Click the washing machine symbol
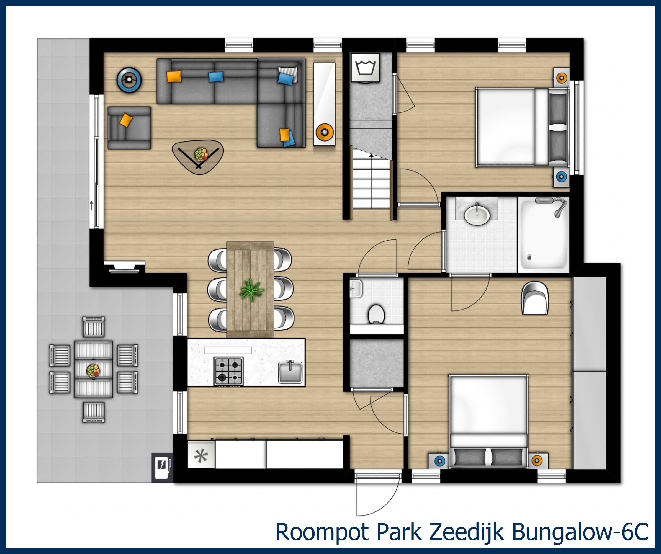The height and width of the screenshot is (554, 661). [x=365, y=68]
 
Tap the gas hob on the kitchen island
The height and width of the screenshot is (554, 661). [x=228, y=371]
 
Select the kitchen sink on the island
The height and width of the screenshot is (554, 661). [x=290, y=372]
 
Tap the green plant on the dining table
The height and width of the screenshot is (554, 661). [x=251, y=290]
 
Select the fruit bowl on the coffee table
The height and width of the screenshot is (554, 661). [x=201, y=154]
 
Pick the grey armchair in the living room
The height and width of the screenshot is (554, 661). [x=129, y=128]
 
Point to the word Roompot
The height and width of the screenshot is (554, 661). [x=323, y=532]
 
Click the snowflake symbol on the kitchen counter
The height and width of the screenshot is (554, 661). [x=201, y=455]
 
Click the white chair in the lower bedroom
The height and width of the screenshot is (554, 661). [x=535, y=298]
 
